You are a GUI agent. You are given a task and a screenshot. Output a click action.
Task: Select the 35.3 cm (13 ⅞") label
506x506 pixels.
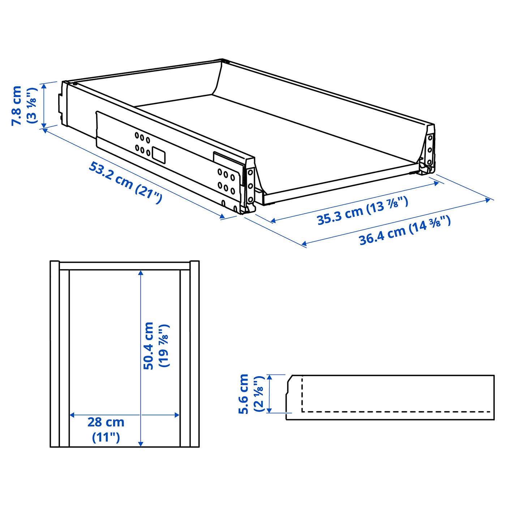[x=363, y=211]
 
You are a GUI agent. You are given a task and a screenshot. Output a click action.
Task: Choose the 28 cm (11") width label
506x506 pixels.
[x=106, y=429]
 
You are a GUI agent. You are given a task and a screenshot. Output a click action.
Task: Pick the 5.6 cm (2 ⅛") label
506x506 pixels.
[x=251, y=394]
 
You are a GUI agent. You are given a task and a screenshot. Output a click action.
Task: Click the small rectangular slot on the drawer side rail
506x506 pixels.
[x=158, y=155]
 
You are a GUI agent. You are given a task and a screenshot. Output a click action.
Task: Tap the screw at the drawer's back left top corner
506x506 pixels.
[x=75, y=84]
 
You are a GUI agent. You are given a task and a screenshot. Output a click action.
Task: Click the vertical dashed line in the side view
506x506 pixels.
[x=302, y=394]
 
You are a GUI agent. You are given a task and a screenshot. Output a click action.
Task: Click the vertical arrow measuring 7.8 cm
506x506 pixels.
[x=44, y=106]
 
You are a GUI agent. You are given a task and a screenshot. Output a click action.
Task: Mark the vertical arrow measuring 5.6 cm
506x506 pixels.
[x=269, y=394]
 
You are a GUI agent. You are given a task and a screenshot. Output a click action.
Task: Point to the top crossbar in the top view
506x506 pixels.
[x=124, y=266]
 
